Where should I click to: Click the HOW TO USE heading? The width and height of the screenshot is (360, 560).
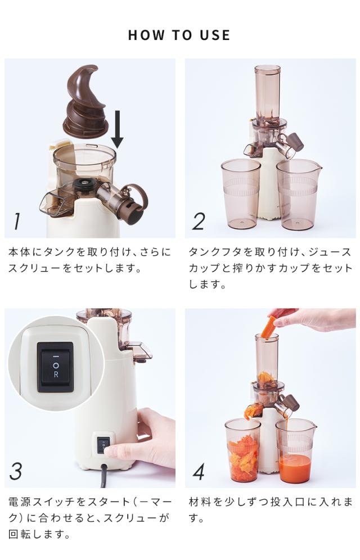click(179, 35)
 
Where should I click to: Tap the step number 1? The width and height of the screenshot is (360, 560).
click(16, 222)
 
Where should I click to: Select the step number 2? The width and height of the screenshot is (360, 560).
click(199, 222)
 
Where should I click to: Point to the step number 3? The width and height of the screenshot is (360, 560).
click(16, 471)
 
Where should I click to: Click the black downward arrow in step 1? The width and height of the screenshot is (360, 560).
click(117, 129)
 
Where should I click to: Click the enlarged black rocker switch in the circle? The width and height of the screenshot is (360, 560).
click(55, 366)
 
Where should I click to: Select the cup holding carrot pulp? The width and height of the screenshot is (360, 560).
click(242, 450)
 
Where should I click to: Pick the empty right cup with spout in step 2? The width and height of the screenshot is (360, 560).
click(299, 195)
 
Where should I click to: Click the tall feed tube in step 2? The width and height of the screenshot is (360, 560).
click(267, 93)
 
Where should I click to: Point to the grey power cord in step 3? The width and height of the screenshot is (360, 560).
click(104, 475)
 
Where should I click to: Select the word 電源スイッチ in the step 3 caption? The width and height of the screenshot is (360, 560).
click(42, 502)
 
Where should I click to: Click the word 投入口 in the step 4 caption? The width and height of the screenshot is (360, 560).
click(288, 502)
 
